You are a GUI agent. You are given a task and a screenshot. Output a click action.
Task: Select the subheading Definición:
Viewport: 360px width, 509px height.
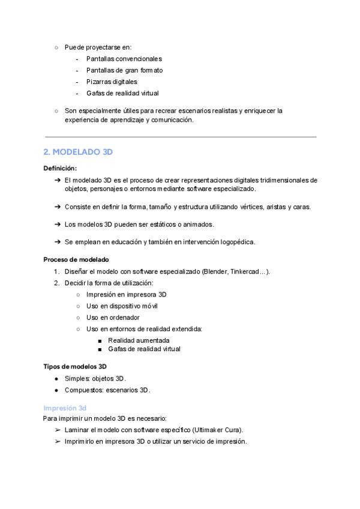click(60, 168)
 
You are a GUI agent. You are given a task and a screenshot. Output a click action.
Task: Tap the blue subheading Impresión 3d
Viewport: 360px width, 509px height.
click(65, 408)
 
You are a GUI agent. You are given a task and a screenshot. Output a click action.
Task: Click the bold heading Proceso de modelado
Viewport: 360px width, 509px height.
click(76, 260)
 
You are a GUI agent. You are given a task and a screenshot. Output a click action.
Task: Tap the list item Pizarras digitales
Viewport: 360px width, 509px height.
click(112, 82)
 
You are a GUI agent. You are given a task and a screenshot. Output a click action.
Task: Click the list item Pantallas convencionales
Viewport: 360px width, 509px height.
click(124, 59)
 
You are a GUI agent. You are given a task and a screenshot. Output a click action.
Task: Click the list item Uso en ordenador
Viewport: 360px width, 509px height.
click(113, 318)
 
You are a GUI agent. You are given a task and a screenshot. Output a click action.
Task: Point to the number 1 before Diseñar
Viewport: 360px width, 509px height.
click(56, 271)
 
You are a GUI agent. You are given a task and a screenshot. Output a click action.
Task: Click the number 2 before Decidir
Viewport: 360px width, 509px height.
click(56, 283)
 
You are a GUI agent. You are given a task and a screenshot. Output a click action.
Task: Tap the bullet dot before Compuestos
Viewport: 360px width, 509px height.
click(56, 390)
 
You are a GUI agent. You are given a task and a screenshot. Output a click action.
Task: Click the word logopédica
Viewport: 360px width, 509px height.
click(237, 242)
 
